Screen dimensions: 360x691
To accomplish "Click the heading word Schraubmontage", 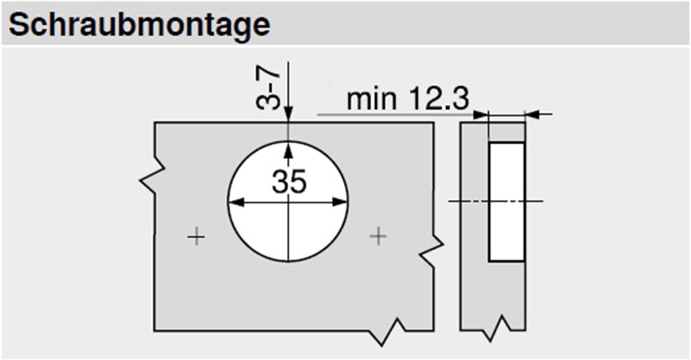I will click(139, 24).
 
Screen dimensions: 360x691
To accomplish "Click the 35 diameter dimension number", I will click(289, 181).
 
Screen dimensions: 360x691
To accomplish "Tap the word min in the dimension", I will click(372, 99).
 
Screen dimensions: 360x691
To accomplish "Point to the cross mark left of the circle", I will click(196, 238).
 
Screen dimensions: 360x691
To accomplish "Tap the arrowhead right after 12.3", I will click(481, 114).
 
